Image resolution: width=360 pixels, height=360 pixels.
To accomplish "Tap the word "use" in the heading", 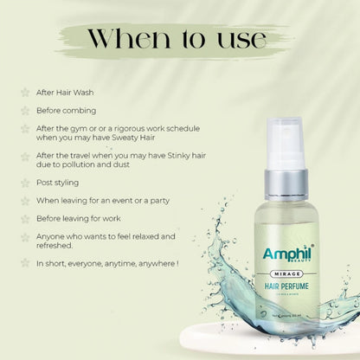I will [241, 40].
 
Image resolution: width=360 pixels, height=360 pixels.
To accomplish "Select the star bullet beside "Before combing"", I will [23, 110].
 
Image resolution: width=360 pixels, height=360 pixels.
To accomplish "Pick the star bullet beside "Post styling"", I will [23, 183].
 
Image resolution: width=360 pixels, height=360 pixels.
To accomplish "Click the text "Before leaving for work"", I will [83, 219].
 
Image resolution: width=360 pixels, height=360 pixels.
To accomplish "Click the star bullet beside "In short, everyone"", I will [23, 263].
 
